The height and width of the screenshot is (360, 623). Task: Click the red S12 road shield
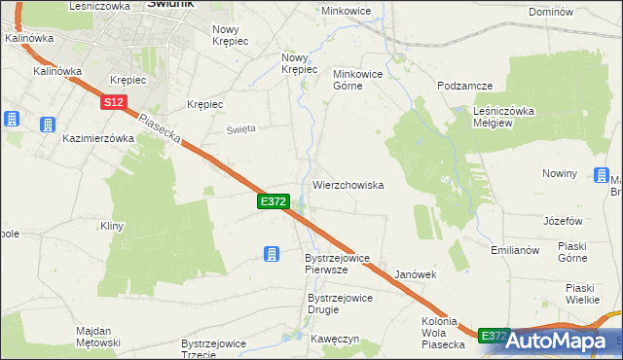point(114,101)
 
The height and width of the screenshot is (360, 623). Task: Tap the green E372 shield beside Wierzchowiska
point(273,200)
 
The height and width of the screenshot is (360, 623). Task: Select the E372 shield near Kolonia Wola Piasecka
point(494,335)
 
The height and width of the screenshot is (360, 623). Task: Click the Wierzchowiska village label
point(348,184)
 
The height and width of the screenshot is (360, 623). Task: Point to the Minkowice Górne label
point(361,80)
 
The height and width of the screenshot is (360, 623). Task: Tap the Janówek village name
point(416,274)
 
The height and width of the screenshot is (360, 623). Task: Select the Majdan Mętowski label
point(98,337)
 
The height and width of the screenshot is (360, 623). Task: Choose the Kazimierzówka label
point(97,138)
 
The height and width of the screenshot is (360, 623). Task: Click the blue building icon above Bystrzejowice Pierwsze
point(272,254)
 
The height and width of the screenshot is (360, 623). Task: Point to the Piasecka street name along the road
point(160,131)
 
